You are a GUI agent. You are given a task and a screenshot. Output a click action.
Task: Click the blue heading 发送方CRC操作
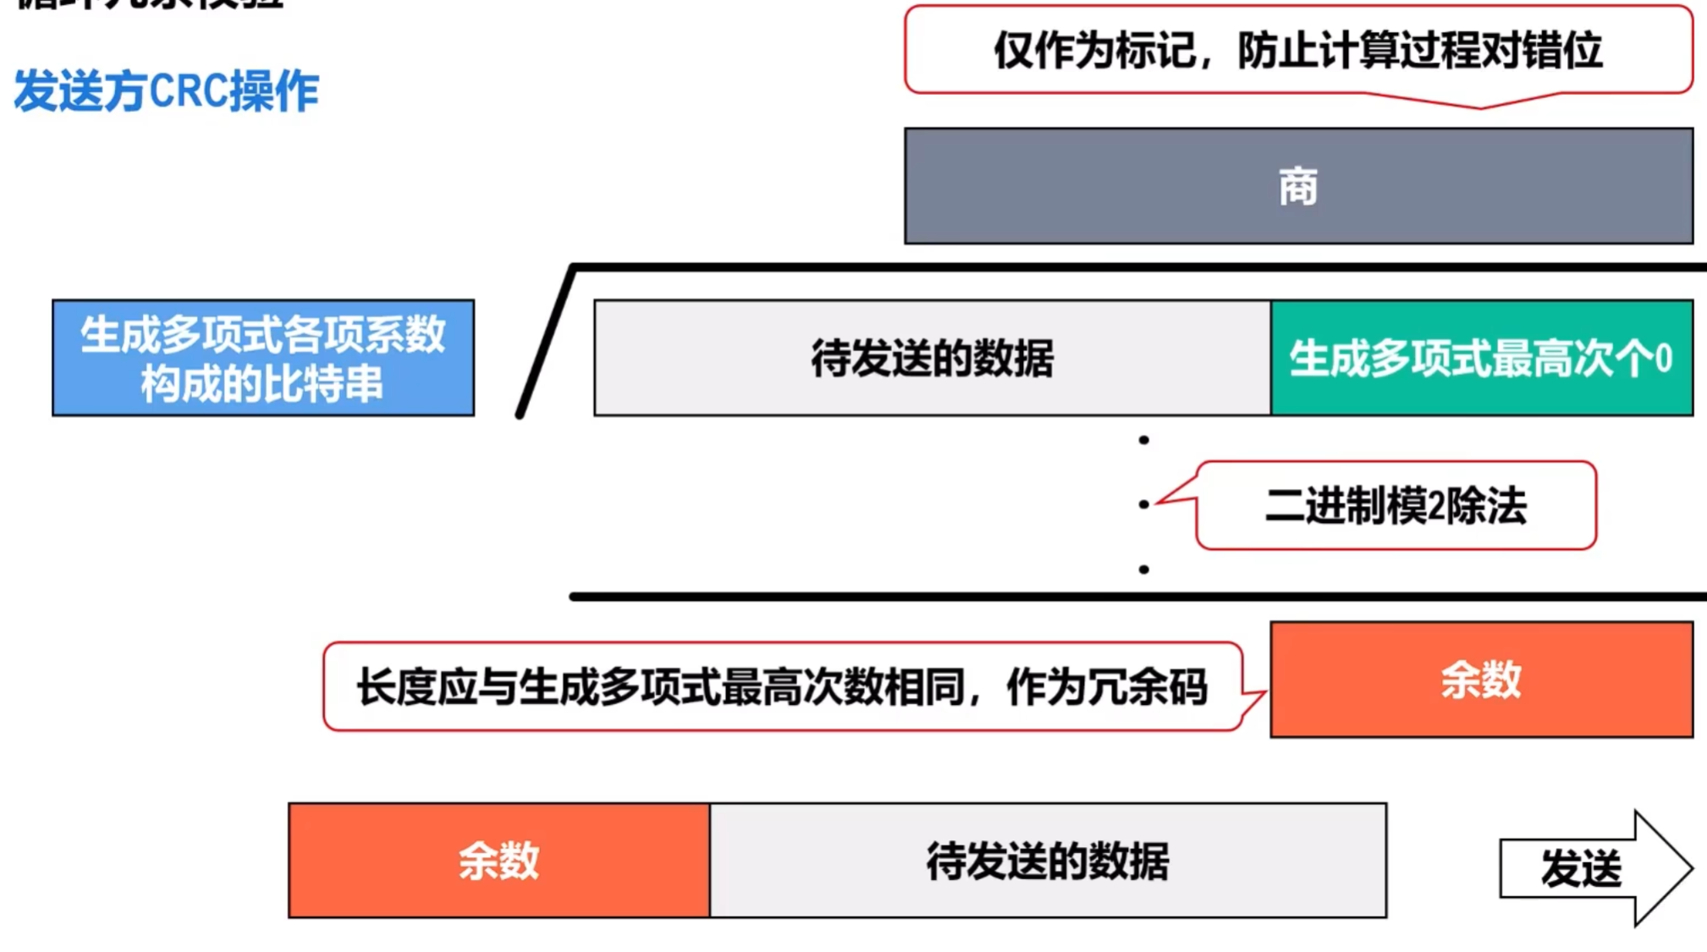166,91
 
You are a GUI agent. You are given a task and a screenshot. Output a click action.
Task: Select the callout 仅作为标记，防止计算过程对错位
1297,51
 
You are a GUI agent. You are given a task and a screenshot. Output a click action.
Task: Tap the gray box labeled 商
1297,186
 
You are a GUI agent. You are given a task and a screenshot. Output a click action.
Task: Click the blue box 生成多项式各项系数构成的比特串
262,358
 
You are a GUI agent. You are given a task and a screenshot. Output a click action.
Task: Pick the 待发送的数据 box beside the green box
932,358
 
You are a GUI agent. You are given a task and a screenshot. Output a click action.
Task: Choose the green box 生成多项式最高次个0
1481,358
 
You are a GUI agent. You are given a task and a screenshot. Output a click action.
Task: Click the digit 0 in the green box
1663,359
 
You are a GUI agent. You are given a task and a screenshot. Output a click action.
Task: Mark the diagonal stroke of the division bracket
546,343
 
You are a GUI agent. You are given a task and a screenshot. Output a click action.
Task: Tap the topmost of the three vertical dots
1143,440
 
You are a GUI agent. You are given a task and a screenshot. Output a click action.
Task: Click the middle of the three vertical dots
1143,504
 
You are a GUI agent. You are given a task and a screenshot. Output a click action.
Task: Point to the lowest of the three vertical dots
1143,570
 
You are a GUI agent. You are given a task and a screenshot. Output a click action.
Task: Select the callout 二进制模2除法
1396,506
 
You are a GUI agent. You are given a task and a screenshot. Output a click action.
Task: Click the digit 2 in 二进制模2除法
1435,507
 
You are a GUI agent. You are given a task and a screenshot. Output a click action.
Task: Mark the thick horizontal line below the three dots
1134,597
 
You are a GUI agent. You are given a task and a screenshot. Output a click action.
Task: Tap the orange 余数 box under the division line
1481,680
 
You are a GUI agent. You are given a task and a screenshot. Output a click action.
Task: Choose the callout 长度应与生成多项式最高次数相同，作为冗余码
781,686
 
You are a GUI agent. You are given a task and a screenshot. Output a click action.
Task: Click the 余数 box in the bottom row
498,861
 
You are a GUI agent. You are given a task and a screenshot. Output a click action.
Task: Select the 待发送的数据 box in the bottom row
1048,861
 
